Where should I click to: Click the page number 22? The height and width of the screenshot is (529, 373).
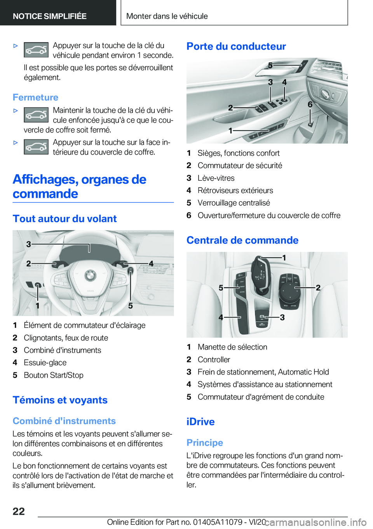(19, 511)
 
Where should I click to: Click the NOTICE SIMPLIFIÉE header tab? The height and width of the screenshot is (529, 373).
(50, 16)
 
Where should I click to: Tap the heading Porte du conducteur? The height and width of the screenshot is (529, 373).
(236, 46)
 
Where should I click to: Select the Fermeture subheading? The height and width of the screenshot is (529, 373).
(35, 97)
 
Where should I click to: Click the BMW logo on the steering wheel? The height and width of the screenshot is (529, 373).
(90, 276)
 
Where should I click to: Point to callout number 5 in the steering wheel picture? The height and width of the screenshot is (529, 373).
(131, 306)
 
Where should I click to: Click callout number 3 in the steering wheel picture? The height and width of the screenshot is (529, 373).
(29, 244)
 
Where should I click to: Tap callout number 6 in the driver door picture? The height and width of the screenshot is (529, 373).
(310, 104)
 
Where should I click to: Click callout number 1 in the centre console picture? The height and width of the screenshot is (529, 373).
(284, 258)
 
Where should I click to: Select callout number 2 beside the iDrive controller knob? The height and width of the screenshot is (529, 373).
(318, 287)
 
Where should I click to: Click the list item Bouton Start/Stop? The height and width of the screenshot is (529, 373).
(53, 375)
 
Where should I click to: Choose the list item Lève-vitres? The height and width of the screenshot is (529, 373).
(216, 178)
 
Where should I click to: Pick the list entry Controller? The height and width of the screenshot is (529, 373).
(214, 360)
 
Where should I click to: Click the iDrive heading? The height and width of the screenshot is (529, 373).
(200, 422)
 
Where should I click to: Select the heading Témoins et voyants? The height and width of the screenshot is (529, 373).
(60, 400)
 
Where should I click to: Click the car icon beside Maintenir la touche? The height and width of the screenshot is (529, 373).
(36, 115)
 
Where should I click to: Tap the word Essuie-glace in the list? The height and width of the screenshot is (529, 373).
(45, 363)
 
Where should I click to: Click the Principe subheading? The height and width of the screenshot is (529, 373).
(204, 443)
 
